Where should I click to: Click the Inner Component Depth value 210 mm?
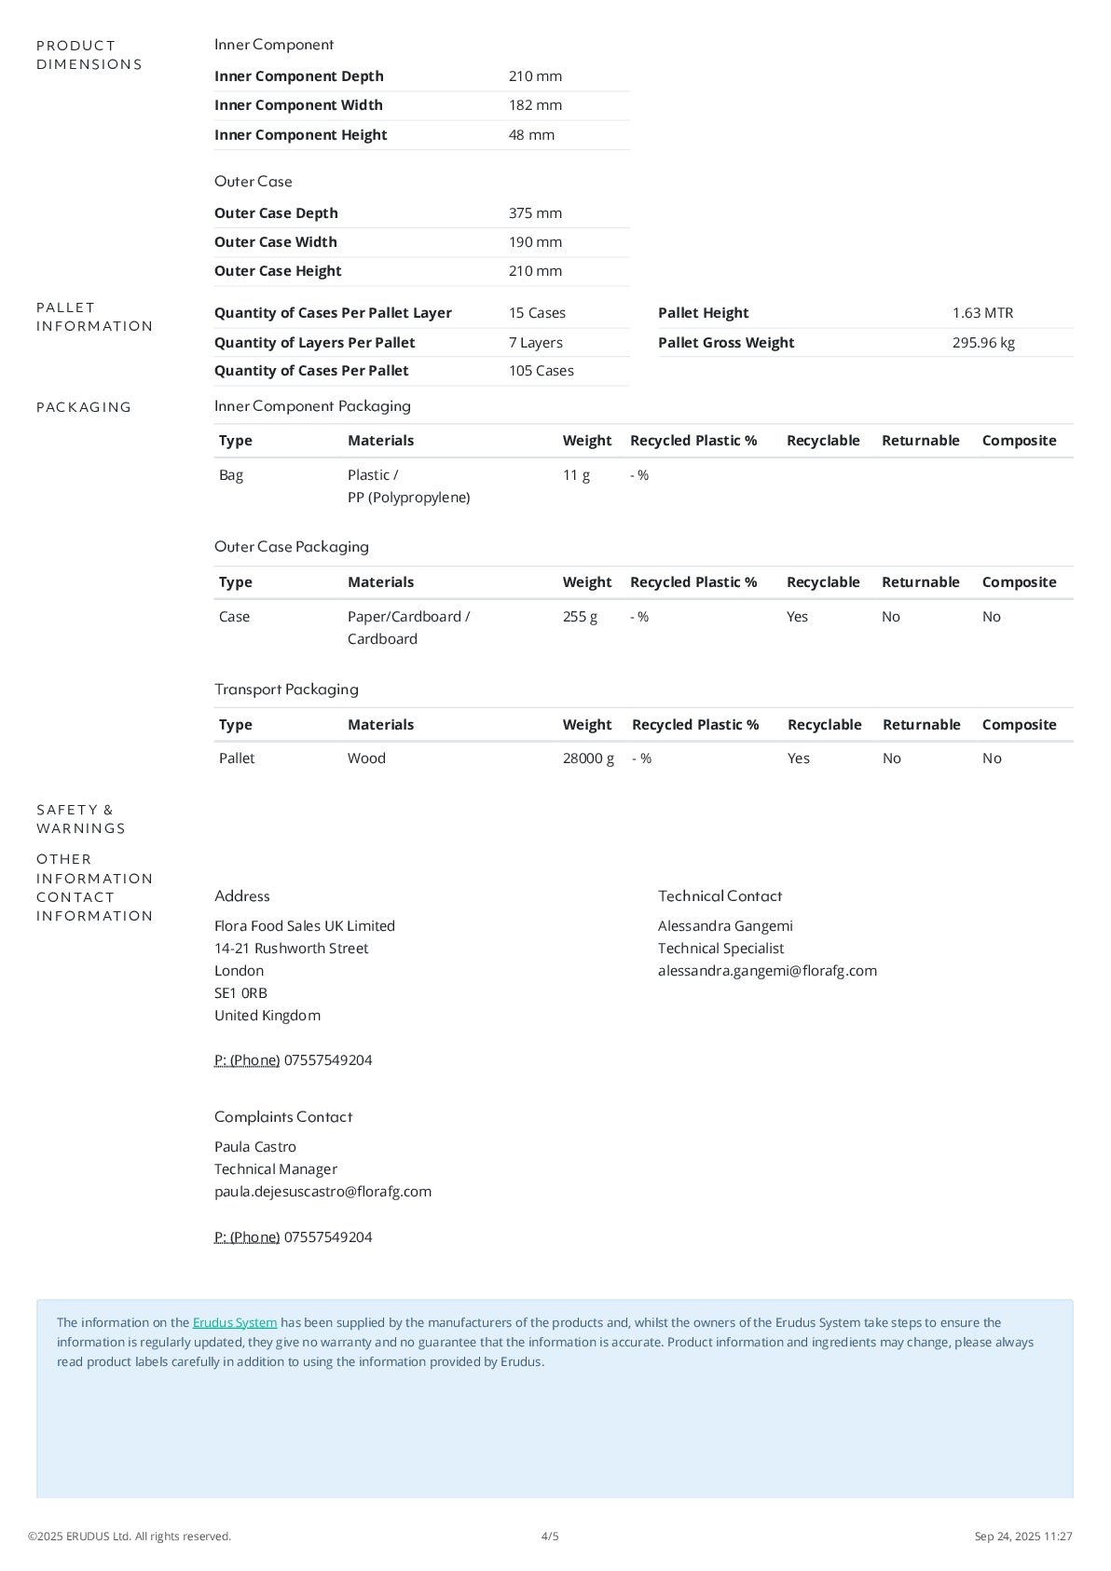535,76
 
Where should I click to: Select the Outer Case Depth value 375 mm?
535,213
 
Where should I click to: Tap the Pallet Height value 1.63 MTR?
982,313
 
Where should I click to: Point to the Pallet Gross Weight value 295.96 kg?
983,343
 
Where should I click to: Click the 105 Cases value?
541,371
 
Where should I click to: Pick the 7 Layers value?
535,343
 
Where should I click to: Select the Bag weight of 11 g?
576,475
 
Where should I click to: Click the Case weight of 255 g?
580,617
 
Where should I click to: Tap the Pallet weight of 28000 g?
588,758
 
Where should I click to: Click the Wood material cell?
366,758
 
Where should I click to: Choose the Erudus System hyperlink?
235,1323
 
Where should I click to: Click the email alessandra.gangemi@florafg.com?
767,971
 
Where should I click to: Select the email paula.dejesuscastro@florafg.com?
322,1192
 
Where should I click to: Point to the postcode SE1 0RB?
240,993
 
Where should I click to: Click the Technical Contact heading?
720,896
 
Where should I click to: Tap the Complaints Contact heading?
283,1117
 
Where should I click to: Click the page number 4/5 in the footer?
550,1537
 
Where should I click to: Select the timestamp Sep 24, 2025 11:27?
1023,1537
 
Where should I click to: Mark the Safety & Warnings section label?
80,819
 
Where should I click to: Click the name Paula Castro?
255,1147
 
